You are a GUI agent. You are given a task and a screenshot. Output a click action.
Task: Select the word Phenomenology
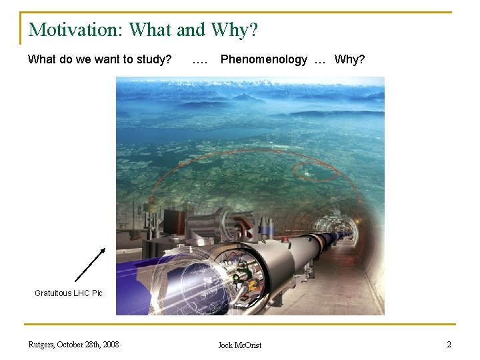(x=264, y=59)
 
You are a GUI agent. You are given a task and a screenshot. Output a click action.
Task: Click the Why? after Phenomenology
(x=349, y=59)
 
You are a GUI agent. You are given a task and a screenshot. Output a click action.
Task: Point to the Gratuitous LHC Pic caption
(x=69, y=293)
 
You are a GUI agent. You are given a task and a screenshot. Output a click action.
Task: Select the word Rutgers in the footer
(x=42, y=345)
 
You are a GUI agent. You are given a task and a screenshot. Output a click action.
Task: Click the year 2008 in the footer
(x=109, y=345)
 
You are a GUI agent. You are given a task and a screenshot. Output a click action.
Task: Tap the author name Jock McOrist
(x=240, y=345)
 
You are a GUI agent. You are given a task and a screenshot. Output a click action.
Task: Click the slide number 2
(x=449, y=345)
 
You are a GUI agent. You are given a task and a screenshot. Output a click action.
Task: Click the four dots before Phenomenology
(x=199, y=59)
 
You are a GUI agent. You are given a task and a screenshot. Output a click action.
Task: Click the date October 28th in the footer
(x=78, y=345)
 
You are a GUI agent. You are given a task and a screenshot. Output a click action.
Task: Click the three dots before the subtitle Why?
(x=321, y=59)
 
